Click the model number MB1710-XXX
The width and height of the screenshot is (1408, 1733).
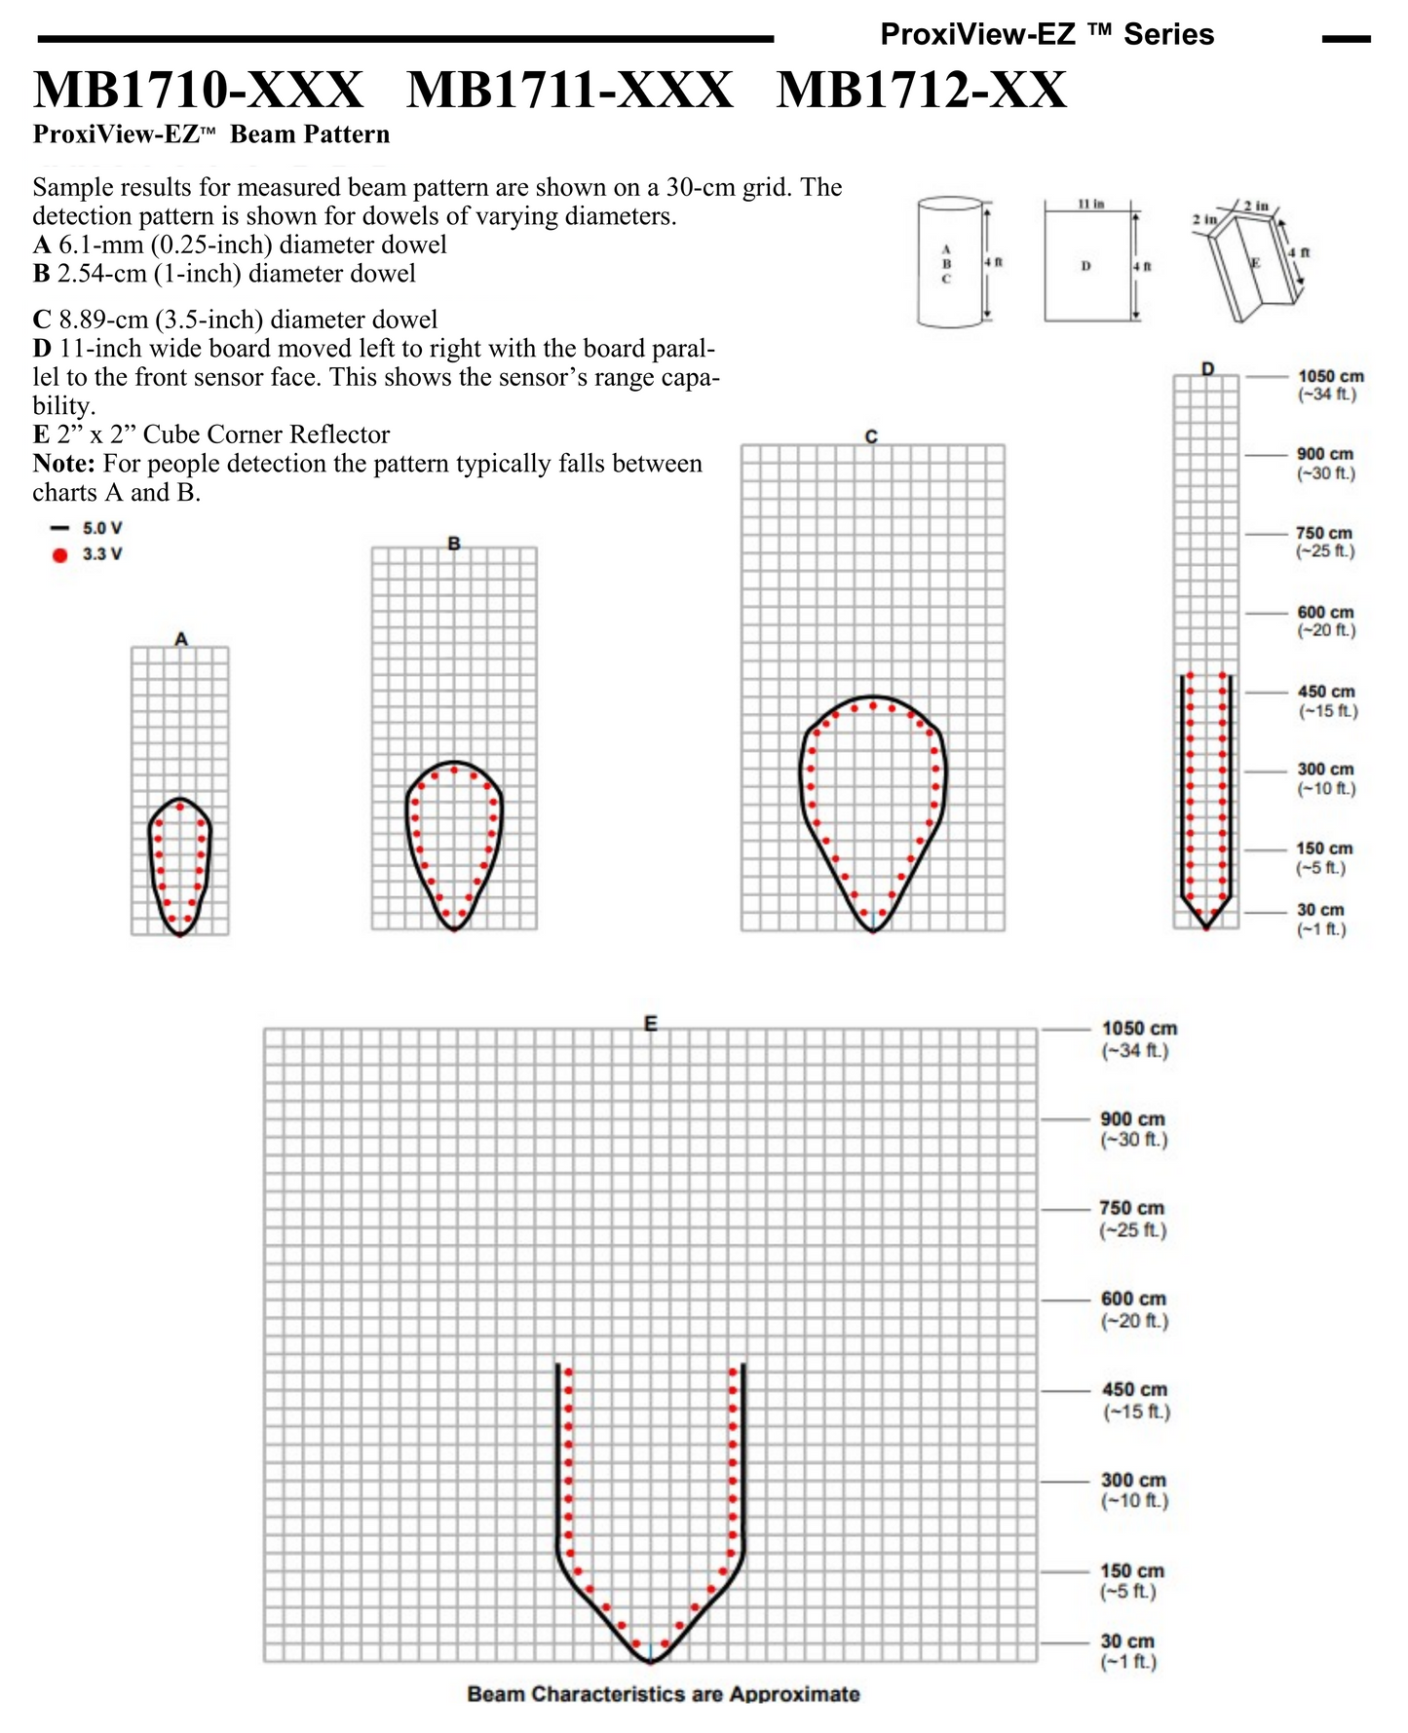click(x=199, y=91)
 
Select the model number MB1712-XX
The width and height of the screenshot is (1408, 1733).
click(x=921, y=91)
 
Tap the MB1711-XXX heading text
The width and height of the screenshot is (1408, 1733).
click(x=569, y=91)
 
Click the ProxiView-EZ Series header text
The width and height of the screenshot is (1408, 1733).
click(x=1046, y=35)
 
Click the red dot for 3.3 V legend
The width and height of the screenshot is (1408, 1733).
click(x=60, y=555)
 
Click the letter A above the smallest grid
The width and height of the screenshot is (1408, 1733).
click(x=180, y=639)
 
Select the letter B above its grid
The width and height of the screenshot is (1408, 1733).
click(x=454, y=544)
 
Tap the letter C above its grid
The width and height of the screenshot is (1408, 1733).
click(x=871, y=437)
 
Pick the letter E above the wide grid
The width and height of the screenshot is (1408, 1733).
click(x=650, y=1023)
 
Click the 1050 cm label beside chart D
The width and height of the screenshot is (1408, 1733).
click(x=1330, y=377)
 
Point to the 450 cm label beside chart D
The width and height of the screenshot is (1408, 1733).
click(x=1325, y=692)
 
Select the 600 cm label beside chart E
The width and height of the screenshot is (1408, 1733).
click(x=1133, y=1299)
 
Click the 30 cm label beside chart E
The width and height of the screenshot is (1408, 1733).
click(x=1127, y=1641)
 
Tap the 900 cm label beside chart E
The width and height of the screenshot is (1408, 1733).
click(x=1132, y=1119)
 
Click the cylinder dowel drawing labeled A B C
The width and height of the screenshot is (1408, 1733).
click(x=950, y=263)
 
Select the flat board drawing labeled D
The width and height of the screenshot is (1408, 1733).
click(x=1086, y=265)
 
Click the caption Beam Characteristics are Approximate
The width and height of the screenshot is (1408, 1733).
click(x=664, y=1694)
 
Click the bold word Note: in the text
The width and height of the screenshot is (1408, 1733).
click(x=63, y=464)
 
